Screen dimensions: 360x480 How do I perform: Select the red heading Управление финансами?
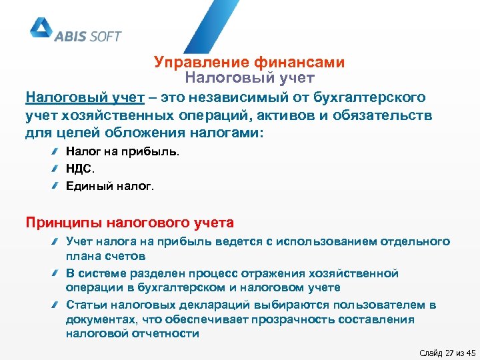pos(249,63)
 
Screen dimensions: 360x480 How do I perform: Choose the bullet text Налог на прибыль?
pos(123,152)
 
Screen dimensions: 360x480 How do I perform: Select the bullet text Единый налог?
pos(110,187)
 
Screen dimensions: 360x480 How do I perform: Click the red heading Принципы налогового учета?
pos(129,222)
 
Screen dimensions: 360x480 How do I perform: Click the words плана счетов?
pos(105,256)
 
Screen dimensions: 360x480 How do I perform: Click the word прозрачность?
pos(273,319)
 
